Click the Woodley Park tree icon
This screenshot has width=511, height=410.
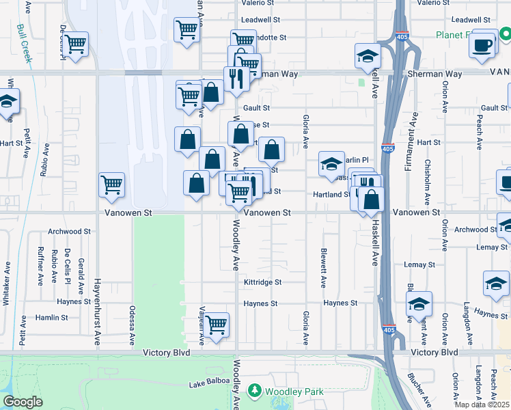255,391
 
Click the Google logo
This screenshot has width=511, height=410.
23,402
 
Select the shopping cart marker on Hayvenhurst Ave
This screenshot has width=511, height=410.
111,184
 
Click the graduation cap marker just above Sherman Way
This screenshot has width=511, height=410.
368,57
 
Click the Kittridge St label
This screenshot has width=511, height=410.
263,282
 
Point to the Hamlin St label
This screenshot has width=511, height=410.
51,318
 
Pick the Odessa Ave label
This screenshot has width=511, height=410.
131,323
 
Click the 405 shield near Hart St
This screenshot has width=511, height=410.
388,148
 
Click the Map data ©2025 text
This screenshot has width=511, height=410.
483,405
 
